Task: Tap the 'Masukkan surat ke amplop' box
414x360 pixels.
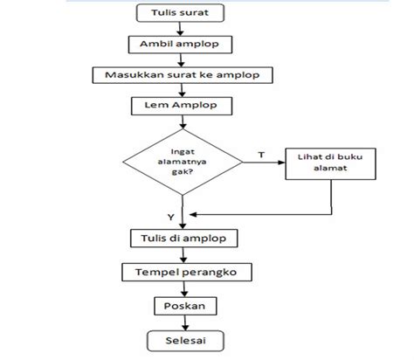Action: (183, 74)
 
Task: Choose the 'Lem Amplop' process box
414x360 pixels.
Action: (182, 105)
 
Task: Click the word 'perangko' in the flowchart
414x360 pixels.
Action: (204, 273)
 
